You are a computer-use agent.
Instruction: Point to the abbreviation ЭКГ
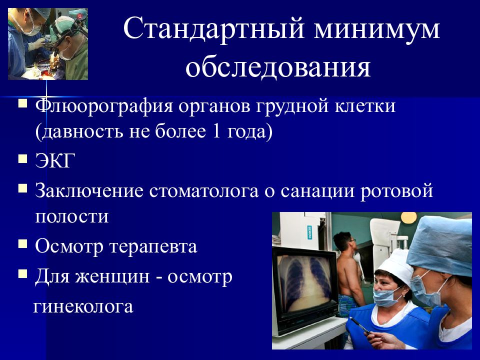coord(55,160)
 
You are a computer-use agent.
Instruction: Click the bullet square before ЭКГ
coord(22,159)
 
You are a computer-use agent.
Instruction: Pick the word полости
coord(72,216)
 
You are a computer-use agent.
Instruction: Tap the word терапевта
coord(153,246)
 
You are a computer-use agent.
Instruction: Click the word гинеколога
coord(83,306)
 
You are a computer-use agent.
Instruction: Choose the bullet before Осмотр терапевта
coord(22,244)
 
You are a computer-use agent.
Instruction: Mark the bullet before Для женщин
coord(22,273)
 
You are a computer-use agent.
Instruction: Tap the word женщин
coord(119,276)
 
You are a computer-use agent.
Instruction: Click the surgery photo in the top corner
coord(48,44)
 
